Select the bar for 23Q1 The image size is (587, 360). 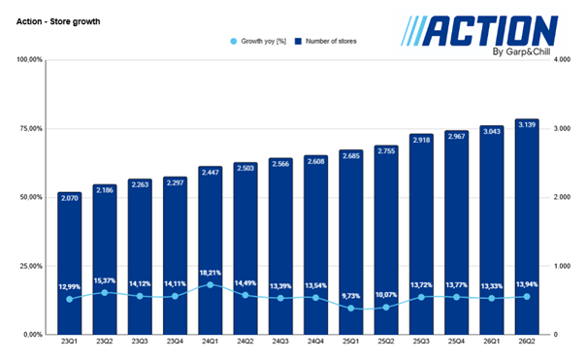pos(69,262)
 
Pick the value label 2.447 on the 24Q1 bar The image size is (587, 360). pos(211,171)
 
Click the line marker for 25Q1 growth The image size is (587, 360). pos(351,309)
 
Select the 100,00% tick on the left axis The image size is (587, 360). pos(30,60)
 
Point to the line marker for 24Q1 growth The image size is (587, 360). pos(211,285)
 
